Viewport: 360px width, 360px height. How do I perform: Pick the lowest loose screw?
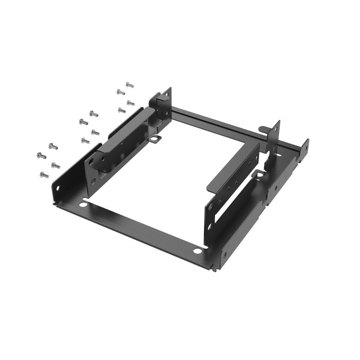click(x=44, y=175)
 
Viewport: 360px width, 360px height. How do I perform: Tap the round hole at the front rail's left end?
click(x=83, y=205)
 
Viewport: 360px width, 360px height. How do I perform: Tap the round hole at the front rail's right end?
click(x=197, y=251)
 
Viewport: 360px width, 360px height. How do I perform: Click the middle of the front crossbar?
click(x=139, y=226)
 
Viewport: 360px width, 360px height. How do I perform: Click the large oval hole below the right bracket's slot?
click(x=210, y=226)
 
